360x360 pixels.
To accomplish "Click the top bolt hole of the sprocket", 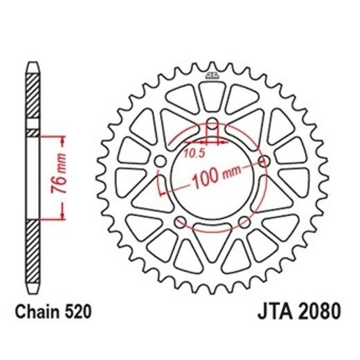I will point(212,125).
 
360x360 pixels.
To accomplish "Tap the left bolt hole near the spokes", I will point(161,161).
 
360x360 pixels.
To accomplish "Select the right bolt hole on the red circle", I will point(263,161).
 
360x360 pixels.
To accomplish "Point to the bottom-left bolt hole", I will point(180,222).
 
